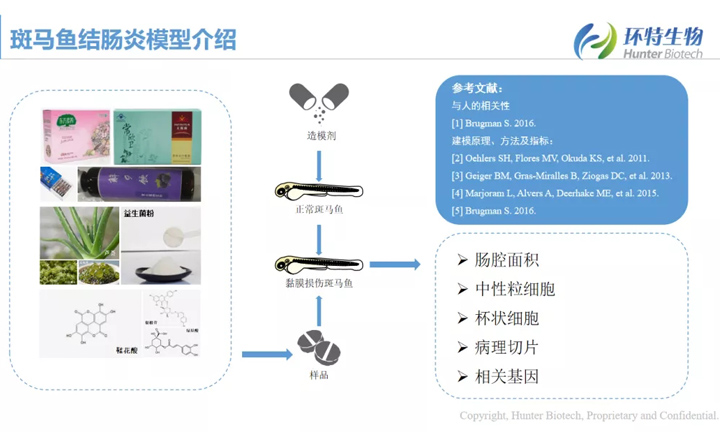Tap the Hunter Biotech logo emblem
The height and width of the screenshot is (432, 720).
click(596, 39)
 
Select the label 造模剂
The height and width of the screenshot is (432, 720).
click(318, 134)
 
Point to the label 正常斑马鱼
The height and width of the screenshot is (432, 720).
click(318, 212)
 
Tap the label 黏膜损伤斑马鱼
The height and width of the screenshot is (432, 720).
click(318, 286)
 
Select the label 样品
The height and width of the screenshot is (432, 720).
click(318, 374)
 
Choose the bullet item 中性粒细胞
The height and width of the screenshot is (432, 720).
click(513, 289)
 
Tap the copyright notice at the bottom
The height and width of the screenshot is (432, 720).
click(588, 415)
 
